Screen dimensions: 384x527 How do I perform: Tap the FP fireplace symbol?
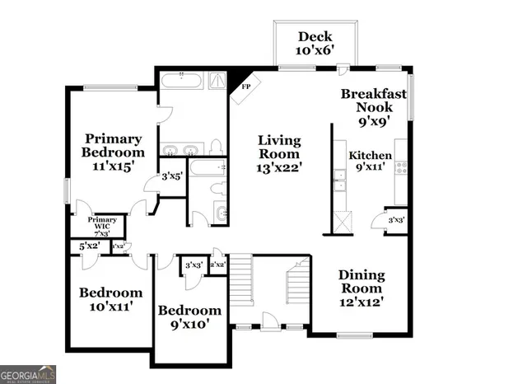246,86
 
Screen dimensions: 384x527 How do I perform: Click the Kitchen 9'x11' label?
370,162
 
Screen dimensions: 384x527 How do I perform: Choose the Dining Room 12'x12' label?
361,289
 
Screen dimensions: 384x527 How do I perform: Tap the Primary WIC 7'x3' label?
103,225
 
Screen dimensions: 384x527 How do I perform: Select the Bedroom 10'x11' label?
110,299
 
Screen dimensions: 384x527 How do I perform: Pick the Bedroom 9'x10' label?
189,317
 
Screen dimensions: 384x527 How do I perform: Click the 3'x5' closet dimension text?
171,176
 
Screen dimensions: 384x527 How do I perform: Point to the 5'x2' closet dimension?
88,246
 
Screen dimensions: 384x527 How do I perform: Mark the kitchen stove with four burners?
401,166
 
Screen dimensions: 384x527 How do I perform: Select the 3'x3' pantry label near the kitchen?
396,221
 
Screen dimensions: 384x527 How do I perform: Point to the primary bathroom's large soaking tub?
180,82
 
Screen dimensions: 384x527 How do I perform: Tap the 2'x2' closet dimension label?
218,265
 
